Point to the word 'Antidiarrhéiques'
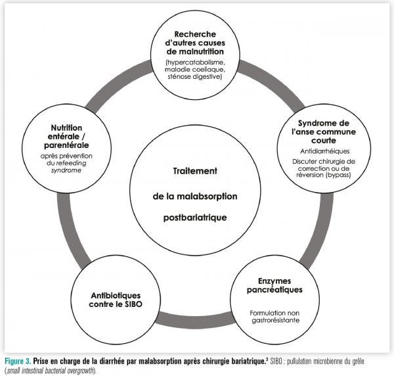pyautogui.click(x=322, y=150)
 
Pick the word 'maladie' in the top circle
pyautogui.click(x=177, y=70)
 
